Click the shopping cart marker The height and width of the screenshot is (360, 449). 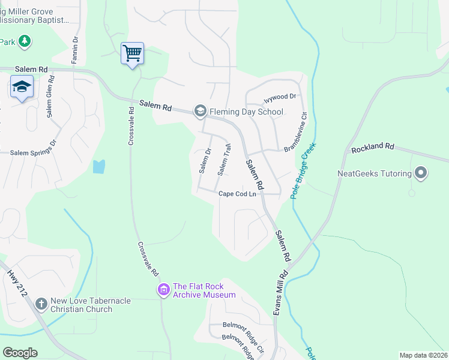132,53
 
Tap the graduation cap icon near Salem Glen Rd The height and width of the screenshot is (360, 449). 22,88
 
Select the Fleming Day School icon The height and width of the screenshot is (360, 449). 199,111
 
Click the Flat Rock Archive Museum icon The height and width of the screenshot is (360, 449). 163,290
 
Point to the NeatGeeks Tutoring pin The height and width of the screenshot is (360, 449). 421,173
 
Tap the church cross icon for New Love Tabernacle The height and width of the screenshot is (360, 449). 41,304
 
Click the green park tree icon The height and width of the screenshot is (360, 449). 25,41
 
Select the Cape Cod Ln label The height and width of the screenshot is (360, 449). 237,194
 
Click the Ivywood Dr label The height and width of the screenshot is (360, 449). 280,97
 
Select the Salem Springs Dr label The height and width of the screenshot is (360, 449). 32,152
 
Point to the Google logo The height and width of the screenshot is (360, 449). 20,353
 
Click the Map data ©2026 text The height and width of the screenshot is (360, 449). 423,355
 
